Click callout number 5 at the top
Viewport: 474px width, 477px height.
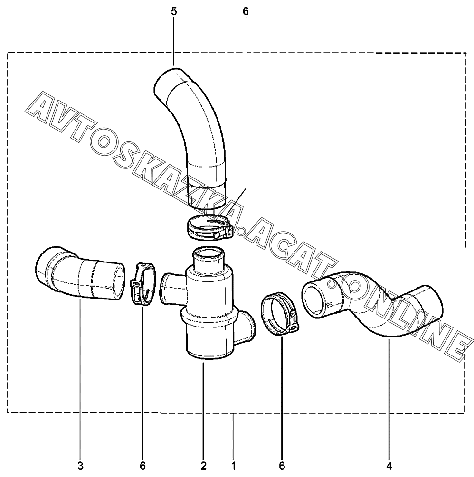(x=174, y=12)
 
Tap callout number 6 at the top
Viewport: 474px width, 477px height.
(x=246, y=12)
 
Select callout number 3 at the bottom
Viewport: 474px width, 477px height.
(x=80, y=466)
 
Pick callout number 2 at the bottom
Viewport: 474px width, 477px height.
(x=203, y=466)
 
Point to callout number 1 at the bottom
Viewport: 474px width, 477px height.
(x=234, y=466)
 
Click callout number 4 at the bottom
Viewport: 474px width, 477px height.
(x=389, y=466)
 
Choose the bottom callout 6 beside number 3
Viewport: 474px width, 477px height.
(x=142, y=466)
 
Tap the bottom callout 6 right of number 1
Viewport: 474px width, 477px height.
(x=282, y=466)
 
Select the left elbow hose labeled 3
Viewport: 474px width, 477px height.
(x=81, y=274)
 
